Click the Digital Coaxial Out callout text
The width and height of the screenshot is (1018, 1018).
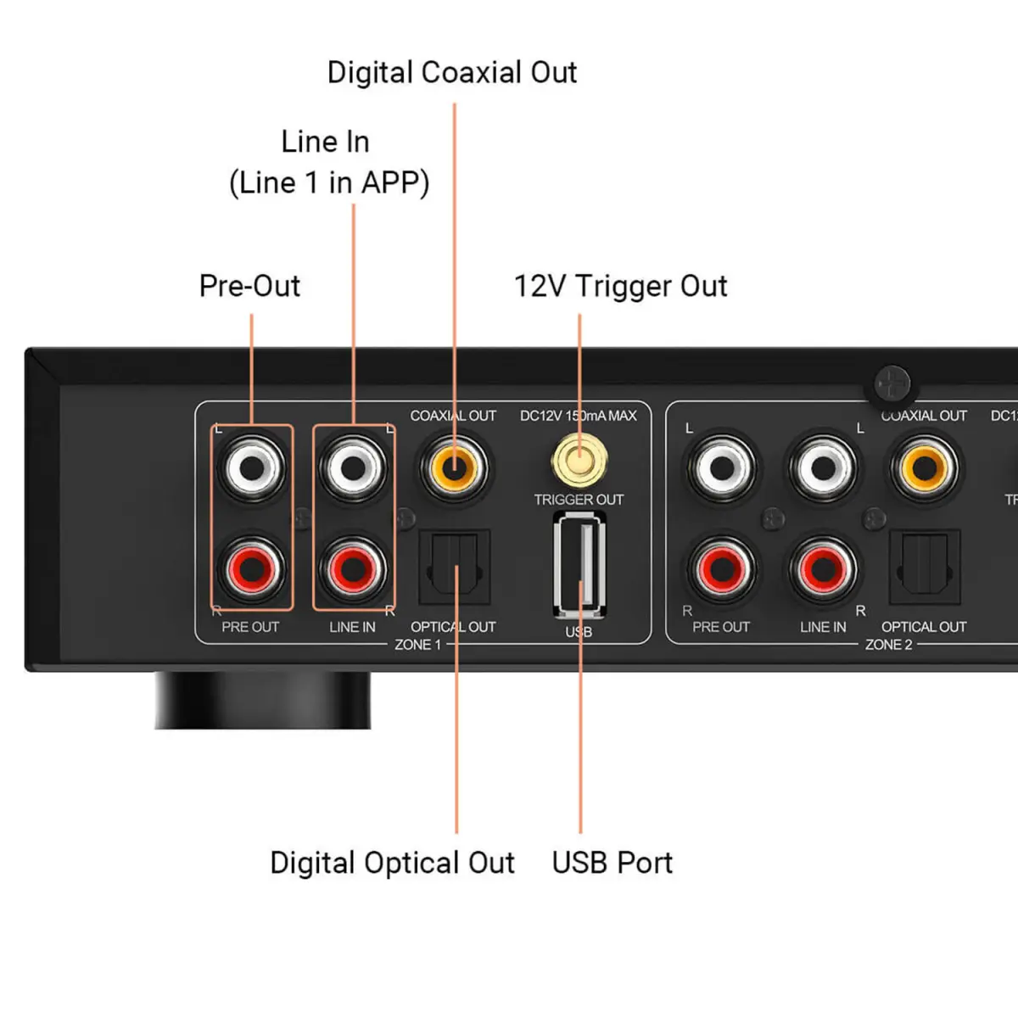coord(452,73)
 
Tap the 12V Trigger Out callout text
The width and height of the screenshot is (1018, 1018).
coord(620,287)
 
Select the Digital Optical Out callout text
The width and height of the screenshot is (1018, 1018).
coord(392,863)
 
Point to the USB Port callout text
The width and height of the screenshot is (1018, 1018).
coord(612,863)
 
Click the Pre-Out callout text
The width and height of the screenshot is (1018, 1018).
coord(249,287)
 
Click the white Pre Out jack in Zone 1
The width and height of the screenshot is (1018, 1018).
coord(252,467)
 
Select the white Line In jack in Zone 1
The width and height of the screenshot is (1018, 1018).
coord(353,467)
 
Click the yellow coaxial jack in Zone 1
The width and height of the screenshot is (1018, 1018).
coord(455,467)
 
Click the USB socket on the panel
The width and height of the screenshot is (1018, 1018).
coord(579,564)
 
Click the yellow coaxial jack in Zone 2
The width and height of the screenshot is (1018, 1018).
coord(925,467)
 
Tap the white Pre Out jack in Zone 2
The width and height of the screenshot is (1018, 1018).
coord(722,467)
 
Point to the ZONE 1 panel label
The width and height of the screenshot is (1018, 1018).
coord(417,645)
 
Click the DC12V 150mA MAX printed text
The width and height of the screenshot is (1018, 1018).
coord(578,416)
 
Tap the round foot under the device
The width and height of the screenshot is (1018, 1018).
coord(262,700)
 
